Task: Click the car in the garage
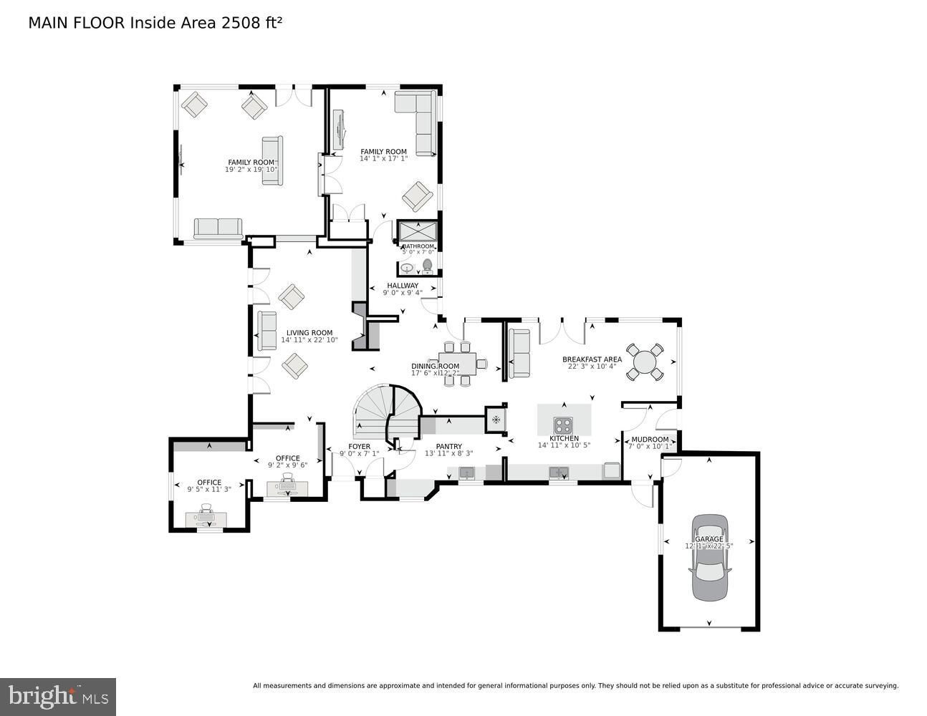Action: coord(709,557)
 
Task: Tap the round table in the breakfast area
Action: coord(645,362)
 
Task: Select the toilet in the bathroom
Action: coord(428,266)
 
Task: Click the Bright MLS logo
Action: coord(58,696)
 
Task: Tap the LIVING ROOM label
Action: coord(309,332)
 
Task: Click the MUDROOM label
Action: coord(650,440)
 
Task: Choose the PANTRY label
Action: coord(448,447)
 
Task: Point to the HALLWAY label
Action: coord(403,286)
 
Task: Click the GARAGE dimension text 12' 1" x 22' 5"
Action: coord(709,546)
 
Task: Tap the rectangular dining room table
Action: coord(458,363)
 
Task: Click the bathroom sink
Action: coord(407,268)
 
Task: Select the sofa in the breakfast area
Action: coord(519,352)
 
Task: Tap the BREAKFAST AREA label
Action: coord(592,359)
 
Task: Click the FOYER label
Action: coord(359,447)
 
